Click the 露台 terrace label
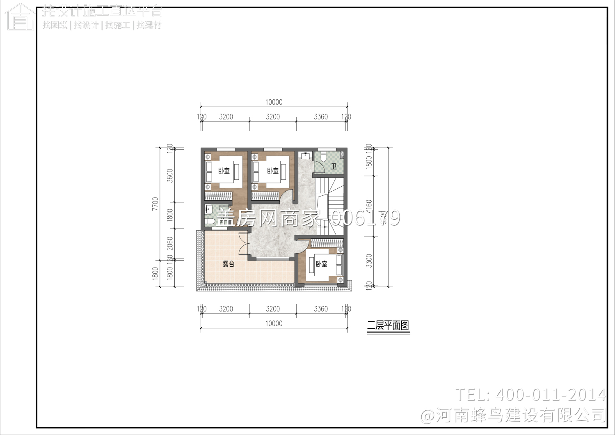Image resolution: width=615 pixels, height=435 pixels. tap(229, 264)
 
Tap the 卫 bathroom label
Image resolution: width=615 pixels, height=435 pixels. tap(334, 167)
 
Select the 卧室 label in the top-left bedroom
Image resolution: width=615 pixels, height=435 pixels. tap(224, 171)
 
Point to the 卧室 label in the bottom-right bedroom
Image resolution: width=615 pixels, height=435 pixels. tap(322, 264)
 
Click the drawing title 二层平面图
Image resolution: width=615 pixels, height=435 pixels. tap(388, 326)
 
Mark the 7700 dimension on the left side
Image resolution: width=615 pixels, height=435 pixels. tap(155, 204)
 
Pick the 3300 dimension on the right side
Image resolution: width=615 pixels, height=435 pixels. tap(369, 261)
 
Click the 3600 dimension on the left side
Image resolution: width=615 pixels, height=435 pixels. tap(170, 176)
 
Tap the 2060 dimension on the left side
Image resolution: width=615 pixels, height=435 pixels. tap(170, 243)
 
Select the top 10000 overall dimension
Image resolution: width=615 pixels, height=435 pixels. tap(274, 102)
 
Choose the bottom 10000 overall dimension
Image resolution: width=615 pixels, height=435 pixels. tap(274, 323)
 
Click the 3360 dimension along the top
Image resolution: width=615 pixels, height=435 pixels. tap(321, 117)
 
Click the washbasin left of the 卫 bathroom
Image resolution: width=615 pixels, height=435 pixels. tap(305, 155)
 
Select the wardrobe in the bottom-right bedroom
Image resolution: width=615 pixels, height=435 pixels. tap(327, 243)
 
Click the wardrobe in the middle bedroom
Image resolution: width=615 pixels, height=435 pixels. tap(265, 196)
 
